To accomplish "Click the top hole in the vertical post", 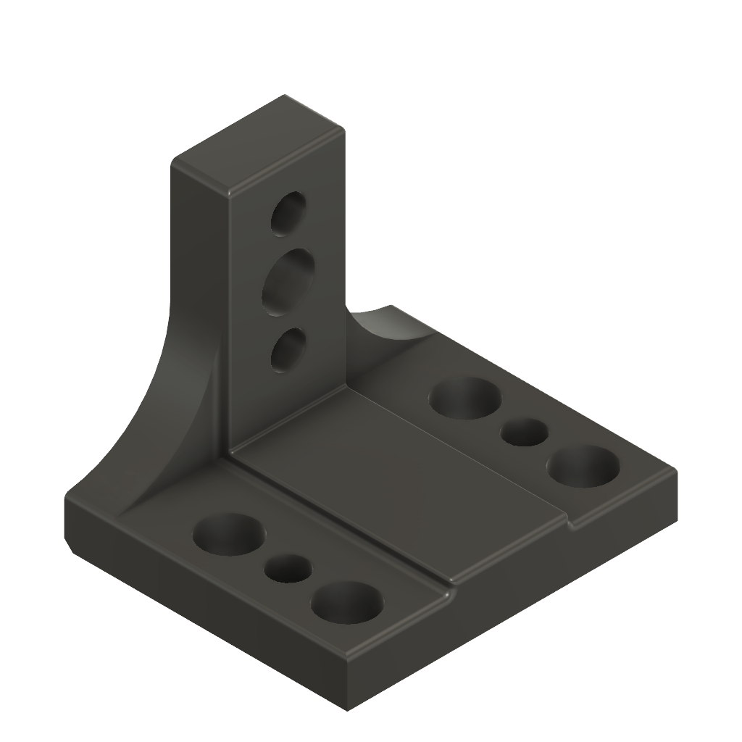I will tap(288, 213).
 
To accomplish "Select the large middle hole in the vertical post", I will tap(288, 282).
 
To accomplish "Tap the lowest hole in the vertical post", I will tap(288, 351).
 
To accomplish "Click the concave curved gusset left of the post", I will tap(181, 406).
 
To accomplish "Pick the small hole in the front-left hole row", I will tap(288, 567).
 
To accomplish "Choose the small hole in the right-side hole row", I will tap(525, 432).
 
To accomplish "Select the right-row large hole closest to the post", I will tap(466, 398).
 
